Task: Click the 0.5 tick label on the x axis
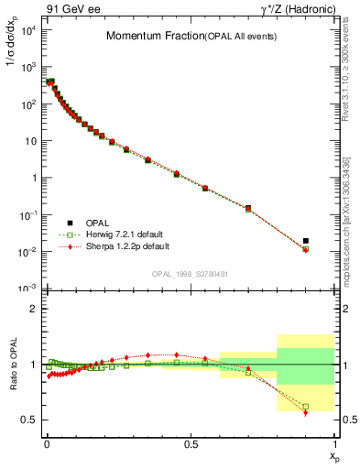(x=190, y=442)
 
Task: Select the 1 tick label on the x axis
(x=333, y=442)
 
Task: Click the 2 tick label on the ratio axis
(x=32, y=309)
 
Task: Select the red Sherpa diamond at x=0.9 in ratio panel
(x=306, y=413)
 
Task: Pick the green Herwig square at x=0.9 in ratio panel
(x=306, y=406)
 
